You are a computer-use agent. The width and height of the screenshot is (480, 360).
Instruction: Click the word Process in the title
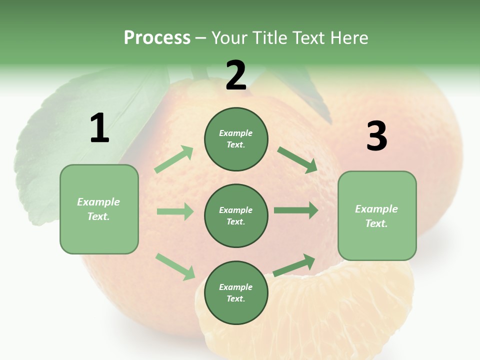tap(157, 38)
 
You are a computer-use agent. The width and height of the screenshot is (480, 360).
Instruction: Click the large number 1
tap(99, 128)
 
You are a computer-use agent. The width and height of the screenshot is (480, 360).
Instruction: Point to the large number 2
tap(236, 75)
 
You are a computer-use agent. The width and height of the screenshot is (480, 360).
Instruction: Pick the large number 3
tap(376, 136)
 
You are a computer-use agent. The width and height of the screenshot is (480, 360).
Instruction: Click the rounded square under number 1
tap(99, 209)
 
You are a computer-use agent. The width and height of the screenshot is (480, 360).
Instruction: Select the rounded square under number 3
tap(377, 216)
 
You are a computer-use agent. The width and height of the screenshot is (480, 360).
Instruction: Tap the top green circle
tap(236, 139)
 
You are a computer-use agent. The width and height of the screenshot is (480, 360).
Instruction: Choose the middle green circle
tap(236, 215)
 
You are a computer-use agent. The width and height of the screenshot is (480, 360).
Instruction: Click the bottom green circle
tap(236, 292)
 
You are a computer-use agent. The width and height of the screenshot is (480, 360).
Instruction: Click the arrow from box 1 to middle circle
tap(175, 211)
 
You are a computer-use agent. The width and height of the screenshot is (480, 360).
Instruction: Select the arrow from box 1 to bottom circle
tap(175, 266)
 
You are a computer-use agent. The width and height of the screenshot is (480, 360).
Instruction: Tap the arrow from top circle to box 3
tap(297, 159)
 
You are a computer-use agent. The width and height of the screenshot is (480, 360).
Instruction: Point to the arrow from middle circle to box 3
tap(296, 210)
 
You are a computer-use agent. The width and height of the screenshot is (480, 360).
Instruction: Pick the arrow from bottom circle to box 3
tap(294, 265)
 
